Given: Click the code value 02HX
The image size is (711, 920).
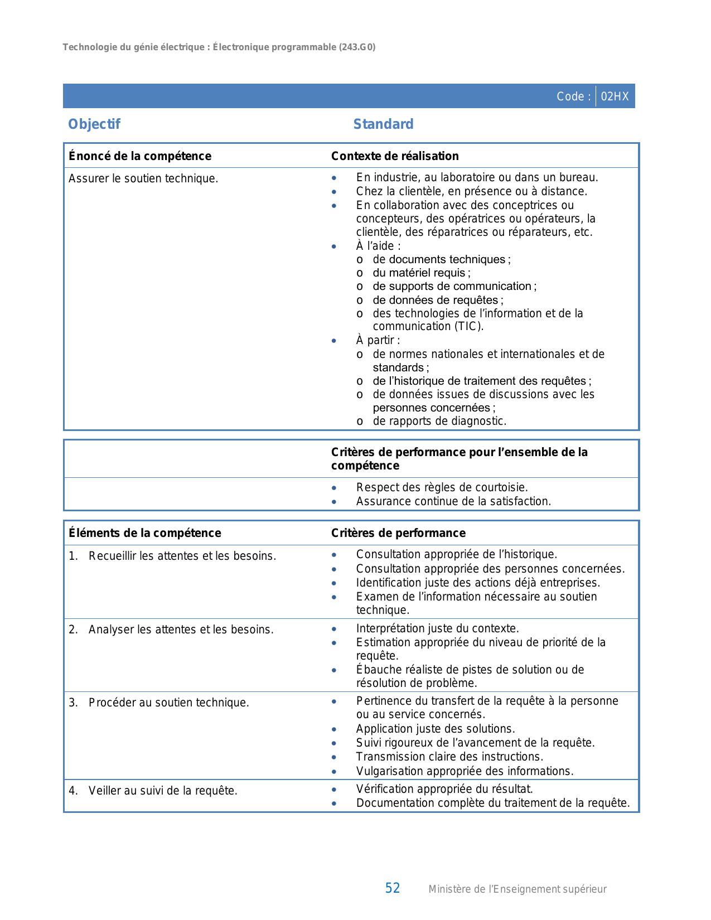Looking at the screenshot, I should (615, 96).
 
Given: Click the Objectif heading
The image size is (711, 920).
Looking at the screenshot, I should (94, 124).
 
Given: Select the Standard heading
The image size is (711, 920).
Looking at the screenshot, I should (383, 124).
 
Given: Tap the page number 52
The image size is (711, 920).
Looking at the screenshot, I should (393, 888).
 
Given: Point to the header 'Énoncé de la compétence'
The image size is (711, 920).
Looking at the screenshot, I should (140, 156).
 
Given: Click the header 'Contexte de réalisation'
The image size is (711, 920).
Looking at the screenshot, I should (395, 156).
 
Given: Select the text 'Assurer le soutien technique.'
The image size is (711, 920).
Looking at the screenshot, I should (143, 178).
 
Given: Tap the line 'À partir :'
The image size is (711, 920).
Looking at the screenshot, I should (378, 340).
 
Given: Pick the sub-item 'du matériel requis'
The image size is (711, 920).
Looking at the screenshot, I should (421, 273).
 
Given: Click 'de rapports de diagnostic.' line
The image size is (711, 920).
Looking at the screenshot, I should (439, 421).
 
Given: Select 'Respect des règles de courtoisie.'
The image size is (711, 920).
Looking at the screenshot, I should (442, 487).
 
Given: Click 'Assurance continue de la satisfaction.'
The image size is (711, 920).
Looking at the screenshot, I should (453, 501).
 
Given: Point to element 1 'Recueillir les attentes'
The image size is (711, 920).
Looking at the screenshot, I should (182, 556).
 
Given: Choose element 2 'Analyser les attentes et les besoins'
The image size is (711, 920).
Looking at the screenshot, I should (181, 630).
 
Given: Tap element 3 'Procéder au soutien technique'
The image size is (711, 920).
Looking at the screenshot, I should (168, 703).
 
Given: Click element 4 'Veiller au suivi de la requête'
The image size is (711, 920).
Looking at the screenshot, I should (163, 791).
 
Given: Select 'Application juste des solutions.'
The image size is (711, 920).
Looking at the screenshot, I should (436, 729).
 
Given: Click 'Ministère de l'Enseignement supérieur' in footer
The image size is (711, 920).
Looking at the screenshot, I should (517, 889).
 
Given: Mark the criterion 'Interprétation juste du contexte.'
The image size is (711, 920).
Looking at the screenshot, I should (437, 628).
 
